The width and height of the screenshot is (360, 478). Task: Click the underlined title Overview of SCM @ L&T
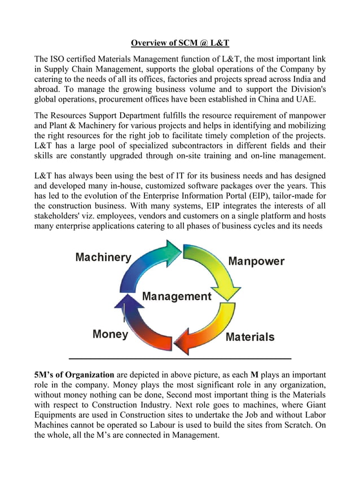(x=180, y=43)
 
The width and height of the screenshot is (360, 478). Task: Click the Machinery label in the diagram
(x=103, y=257)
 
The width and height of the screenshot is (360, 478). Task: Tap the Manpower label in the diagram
(x=256, y=261)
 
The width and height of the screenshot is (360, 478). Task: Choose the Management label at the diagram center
(x=177, y=296)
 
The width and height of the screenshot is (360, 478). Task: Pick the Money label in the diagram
(x=111, y=334)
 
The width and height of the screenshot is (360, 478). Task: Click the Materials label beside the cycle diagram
(x=249, y=337)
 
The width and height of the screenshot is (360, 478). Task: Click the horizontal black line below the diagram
(x=179, y=359)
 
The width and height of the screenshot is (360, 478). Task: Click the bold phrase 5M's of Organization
(x=74, y=375)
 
